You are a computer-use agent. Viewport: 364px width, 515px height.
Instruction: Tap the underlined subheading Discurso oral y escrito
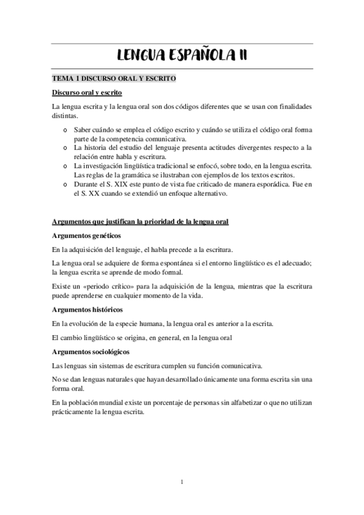click(88, 93)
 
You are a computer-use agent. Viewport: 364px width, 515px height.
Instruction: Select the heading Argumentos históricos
click(88, 310)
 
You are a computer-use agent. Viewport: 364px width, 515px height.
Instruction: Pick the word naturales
click(129, 379)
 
